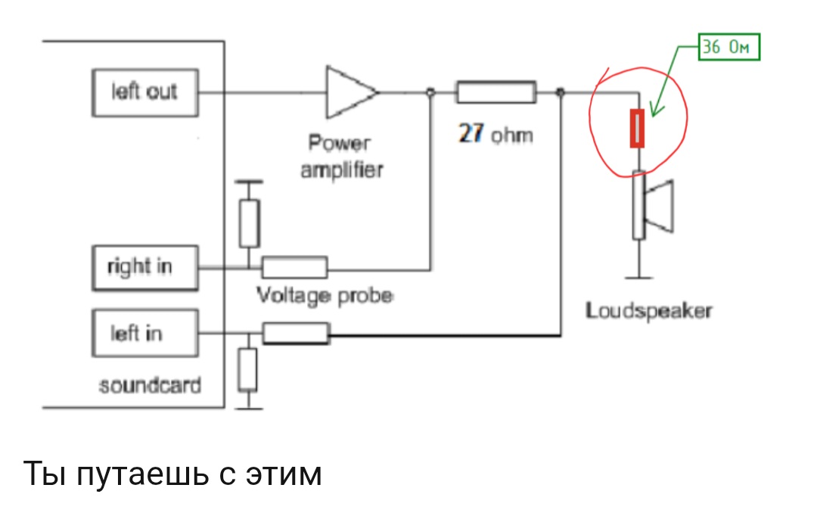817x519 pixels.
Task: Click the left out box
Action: point(144,92)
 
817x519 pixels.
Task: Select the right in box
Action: point(144,268)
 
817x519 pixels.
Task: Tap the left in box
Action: point(144,333)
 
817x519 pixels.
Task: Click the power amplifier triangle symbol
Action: point(349,92)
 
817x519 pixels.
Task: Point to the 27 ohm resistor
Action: point(495,93)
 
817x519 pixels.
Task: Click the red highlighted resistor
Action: point(638,129)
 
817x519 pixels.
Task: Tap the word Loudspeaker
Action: point(649,310)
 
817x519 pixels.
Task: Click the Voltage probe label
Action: point(325,294)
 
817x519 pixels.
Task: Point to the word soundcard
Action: point(150,385)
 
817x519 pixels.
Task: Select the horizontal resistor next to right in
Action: point(295,267)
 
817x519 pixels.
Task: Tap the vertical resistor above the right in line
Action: point(249,223)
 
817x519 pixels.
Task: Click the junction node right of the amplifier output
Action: point(430,92)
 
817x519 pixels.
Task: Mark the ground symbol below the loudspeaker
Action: point(639,277)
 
